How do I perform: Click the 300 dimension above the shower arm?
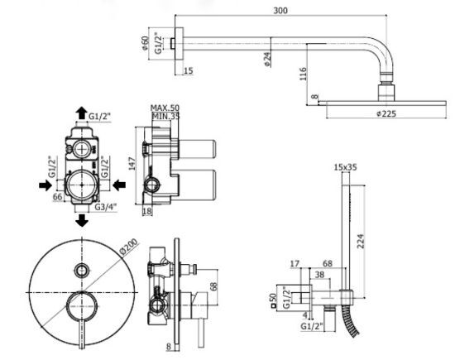(280, 11)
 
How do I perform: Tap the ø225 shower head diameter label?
(386, 113)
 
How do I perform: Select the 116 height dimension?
(303, 74)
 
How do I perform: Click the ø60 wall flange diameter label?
(145, 43)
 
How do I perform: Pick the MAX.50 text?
(165, 108)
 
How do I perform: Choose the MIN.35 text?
(165, 117)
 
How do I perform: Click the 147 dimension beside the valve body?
(132, 164)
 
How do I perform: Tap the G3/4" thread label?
(106, 207)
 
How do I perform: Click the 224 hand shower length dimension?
(360, 242)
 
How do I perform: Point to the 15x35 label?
(345, 167)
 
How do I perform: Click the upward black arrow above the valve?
(81, 113)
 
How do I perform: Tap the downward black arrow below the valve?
(82, 220)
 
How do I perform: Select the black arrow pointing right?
(45, 185)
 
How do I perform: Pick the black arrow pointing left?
(119, 185)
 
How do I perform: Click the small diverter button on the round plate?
(81, 271)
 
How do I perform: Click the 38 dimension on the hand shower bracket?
(319, 275)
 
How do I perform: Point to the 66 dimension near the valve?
(57, 197)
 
